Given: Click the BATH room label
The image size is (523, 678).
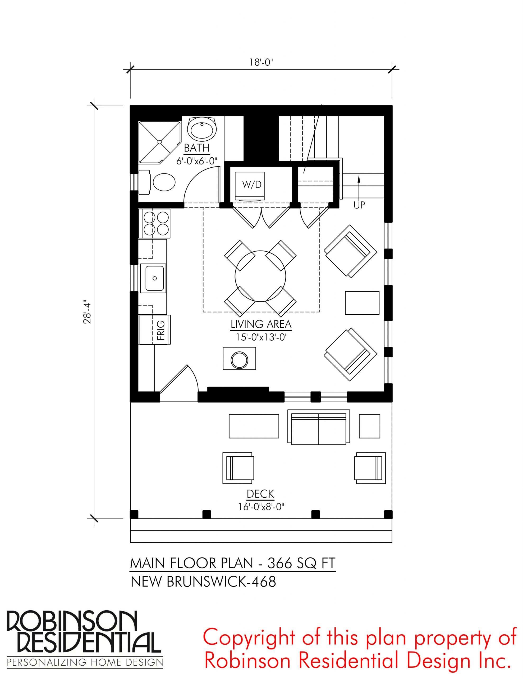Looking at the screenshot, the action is coord(196,148).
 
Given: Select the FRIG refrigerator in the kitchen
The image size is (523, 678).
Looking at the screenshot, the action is coord(155,330).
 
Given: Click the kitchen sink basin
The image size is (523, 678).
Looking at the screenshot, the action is coord(153,278).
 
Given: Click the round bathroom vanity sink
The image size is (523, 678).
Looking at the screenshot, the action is coord(202,130).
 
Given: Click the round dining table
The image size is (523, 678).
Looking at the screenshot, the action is coord(260,276).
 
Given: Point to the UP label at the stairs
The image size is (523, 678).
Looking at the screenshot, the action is coord(359,205).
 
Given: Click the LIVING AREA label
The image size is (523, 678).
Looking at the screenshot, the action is coord(261,324).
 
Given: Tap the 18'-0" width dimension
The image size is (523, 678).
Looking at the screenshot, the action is coord(261,63).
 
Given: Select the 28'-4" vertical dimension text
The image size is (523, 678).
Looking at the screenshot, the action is coord(88,314).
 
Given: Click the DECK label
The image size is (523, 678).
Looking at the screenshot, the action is coord(260,494).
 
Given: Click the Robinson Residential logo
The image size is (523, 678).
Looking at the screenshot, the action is coord(85,640).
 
